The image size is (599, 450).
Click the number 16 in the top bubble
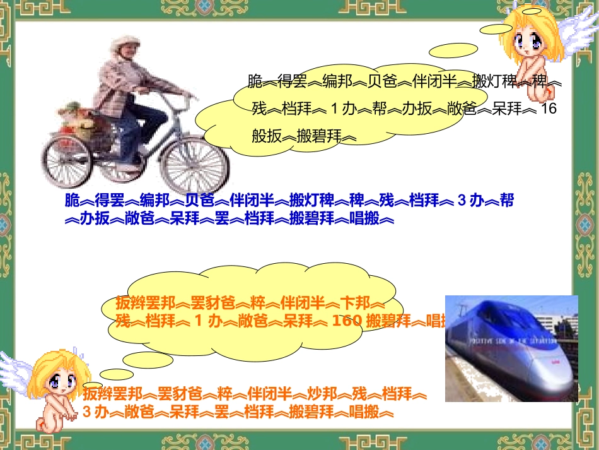coord(549,109)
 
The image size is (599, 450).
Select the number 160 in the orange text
coord(346,320)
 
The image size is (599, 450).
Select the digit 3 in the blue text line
coord(461,201)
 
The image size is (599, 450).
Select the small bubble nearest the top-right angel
coord(497,30)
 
